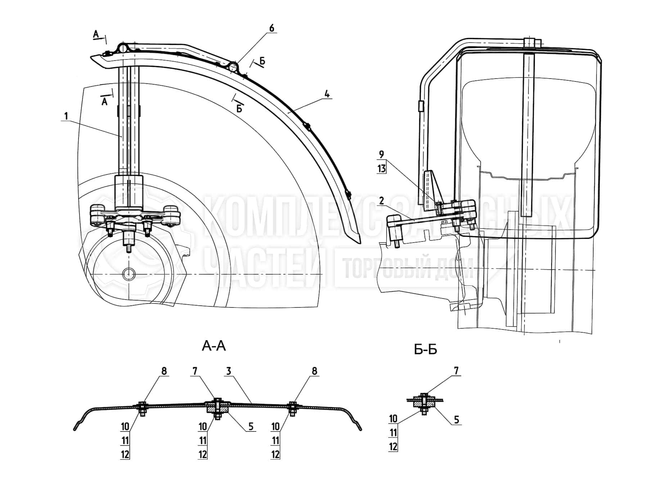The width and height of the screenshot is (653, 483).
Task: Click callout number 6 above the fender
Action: tap(271, 28)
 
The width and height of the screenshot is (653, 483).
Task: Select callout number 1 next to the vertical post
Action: tap(66, 116)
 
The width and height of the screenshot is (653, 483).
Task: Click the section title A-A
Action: tap(214, 346)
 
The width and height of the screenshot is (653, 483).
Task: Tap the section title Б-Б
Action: tap(425, 349)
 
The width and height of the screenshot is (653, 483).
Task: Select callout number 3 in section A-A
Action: tap(229, 371)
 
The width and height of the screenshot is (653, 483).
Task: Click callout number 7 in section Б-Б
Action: tap(456, 371)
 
